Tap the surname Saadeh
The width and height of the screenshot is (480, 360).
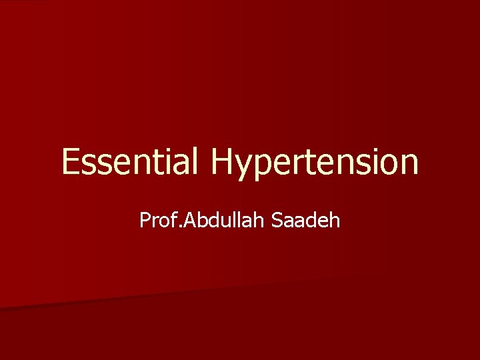pyautogui.click(x=307, y=219)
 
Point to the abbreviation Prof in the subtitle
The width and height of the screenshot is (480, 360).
pyautogui.click(x=156, y=219)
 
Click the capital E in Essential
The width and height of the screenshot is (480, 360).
pyautogui.click(x=69, y=163)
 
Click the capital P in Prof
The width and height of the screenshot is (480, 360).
pyautogui.click(x=145, y=219)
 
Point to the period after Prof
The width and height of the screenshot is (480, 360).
pyautogui.click(x=175, y=226)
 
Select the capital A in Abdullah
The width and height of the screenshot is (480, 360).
pyautogui.click(x=183, y=219)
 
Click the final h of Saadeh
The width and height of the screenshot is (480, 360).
pyautogui.click(x=335, y=219)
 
